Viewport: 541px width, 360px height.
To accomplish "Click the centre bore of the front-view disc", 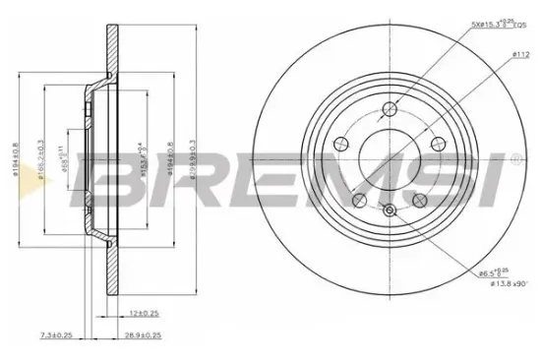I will point(390,157).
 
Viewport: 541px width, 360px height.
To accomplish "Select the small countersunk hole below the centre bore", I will point(390,211).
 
